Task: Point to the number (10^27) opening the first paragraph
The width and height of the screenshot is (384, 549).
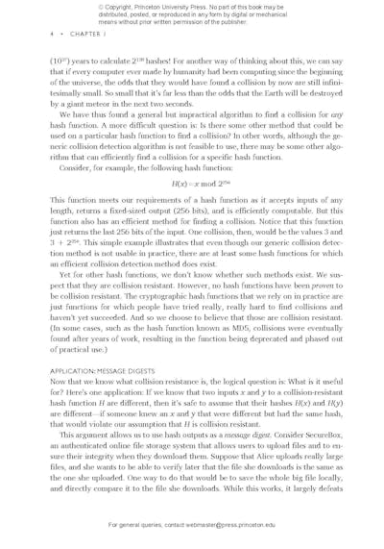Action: coord(59,61)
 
